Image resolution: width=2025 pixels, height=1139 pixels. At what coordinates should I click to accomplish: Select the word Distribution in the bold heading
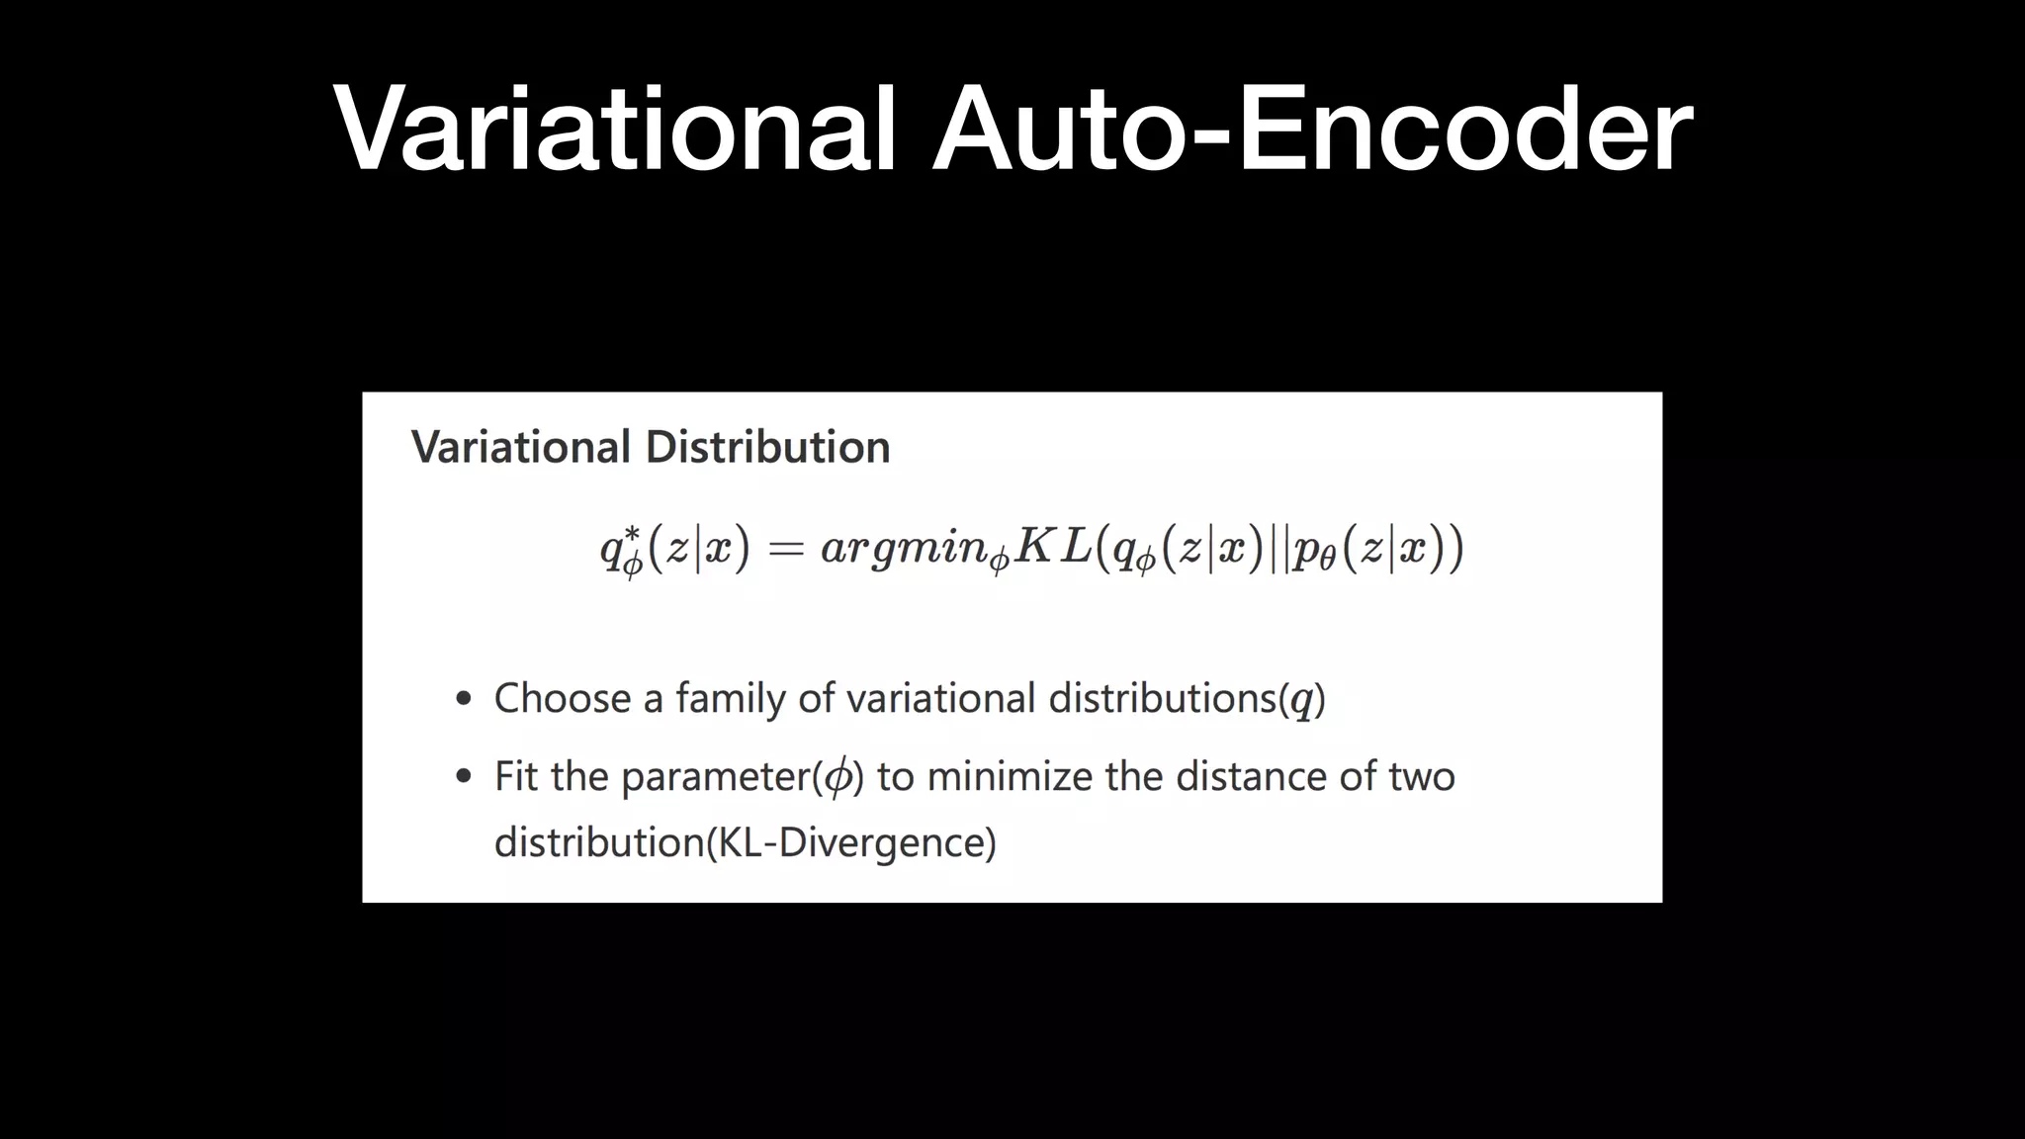click(x=767, y=447)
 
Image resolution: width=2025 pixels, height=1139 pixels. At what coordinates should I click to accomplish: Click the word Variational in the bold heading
click(x=521, y=447)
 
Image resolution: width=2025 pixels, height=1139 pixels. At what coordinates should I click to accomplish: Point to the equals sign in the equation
click(x=786, y=549)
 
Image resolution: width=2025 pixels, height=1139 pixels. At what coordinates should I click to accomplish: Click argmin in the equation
click(x=904, y=549)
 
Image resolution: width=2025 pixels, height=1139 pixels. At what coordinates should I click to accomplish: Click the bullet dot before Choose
click(x=464, y=699)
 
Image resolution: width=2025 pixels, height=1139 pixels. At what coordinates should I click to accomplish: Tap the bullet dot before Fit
click(x=464, y=777)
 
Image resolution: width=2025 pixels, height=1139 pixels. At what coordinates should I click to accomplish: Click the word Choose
click(x=563, y=699)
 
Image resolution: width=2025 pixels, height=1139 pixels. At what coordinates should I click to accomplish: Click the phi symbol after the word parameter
click(x=837, y=777)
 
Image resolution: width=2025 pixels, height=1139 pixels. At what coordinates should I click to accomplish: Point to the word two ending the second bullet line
click(x=1421, y=777)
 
